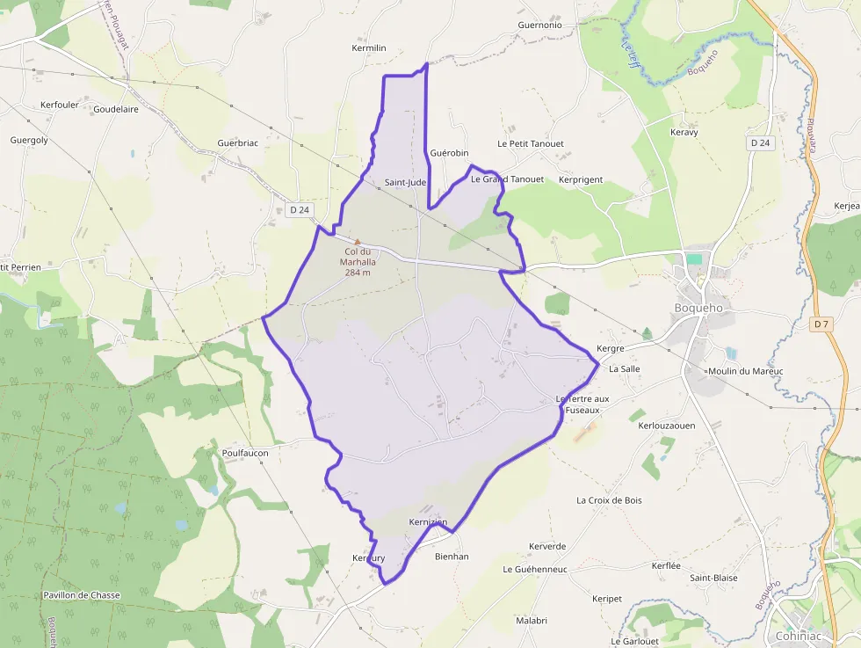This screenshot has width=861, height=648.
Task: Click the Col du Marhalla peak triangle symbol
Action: pyautogui.click(x=358, y=241)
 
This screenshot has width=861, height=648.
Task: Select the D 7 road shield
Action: pyautogui.click(x=821, y=324)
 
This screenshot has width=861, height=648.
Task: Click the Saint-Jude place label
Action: pyautogui.click(x=405, y=183)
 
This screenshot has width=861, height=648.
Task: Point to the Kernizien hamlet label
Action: pyautogui.click(x=428, y=522)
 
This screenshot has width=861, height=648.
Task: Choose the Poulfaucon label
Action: pyautogui.click(x=245, y=453)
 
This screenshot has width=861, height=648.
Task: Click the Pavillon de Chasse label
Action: pyautogui.click(x=81, y=595)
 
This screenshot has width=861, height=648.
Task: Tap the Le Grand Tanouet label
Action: pyautogui.click(x=507, y=179)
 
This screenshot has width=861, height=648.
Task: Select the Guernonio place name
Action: pyautogui.click(x=539, y=25)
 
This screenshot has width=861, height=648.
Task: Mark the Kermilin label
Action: pyautogui.click(x=368, y=48)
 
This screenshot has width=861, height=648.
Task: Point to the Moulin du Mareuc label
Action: pyautogui.click(x=744, y=371)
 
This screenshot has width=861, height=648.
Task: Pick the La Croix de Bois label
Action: pyautogui.click(x=609, y=500)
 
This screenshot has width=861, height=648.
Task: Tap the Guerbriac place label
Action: pyautogui.click(x=237, y=142)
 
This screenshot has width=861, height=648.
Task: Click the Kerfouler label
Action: pyautogui.click(x=60, y=105)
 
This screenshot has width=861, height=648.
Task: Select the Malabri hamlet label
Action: pyautogui.click(x=532, y=621)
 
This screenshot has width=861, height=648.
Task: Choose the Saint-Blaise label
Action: pyautogui.click(x=713, y=578)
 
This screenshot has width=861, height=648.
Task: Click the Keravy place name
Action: pyautogui.click(x=684, y=133)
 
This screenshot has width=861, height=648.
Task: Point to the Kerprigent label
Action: pyautogui.click(x=581, y=179)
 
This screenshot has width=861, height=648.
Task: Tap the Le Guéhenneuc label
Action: pyautogui.click(x=535, y=569)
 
